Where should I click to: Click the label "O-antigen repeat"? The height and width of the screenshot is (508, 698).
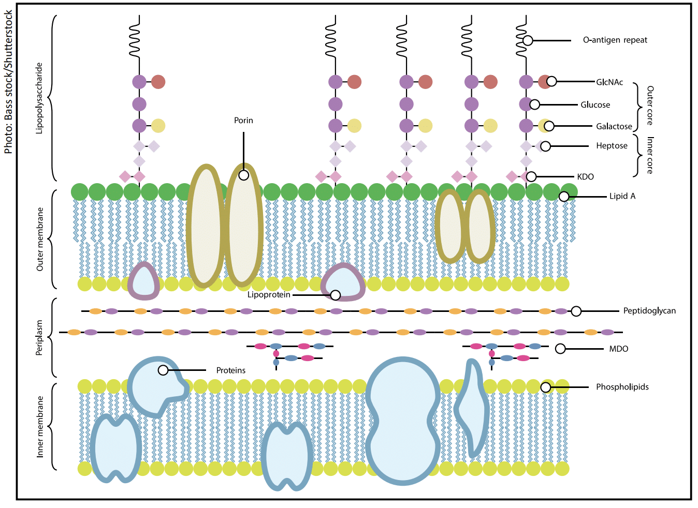pyautogui.click(x=615, y=40)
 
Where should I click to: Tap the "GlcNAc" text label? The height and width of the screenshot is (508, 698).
pyautogui.click(x=609, y=82)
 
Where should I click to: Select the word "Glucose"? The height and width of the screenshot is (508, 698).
pyautogui.click(x=595, y=104)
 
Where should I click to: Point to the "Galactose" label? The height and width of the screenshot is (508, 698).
pyautogui.click(x=614, y=126)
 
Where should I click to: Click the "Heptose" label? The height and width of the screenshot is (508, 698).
pyautogui.click(x=612, y=146)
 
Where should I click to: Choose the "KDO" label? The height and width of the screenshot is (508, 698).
pyautogui.click(x=585, y=177)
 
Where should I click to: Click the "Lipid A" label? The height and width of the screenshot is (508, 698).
pyautogui.click(x=622, y=196)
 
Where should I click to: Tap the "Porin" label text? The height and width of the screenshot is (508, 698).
pyautogui.click(x=243, y=121)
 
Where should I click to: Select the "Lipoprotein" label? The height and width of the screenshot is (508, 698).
pyautogui.click(x=269, y=295)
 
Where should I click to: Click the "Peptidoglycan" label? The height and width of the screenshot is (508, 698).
pyautogui.click(x=649, y=311)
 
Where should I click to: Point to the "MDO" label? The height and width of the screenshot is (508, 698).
pyautogui.click(x=618, y=349)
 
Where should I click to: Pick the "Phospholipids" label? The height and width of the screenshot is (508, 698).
pyautogui.click(x=622, y=387)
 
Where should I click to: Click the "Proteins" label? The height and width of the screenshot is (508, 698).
pyautogui.click(x=231, y=370)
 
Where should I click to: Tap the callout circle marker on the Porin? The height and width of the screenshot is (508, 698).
pyautogui.click(x=243, y=175)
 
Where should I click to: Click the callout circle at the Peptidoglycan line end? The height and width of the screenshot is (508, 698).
pyautogui.click(x=576, y=311)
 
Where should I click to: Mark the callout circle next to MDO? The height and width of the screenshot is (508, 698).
pyautogui.click(x=560, y=349)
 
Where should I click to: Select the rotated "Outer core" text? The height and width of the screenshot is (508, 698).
pyautogui.click(x=650, y=106)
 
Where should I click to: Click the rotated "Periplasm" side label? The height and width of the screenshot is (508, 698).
pyautogui.click(x=39, y=337)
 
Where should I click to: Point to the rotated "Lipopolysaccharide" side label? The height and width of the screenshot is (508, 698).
pyautogui.click(x=39, y=98)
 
